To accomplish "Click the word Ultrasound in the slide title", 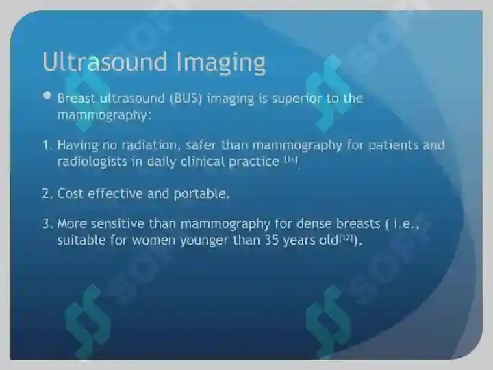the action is pyautogui.click(x=105, y=62).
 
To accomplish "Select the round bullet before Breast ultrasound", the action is pyautogui.click(x=47, y=95).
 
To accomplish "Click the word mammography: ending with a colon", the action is pyautogui.click(x=104, y=116).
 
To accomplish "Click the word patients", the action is pyautogui.click(x=393, y=145).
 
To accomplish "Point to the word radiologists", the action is pyautogui.click(x=92, y=162).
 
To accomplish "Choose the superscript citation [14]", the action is pyautogui.click(x=291, y=160).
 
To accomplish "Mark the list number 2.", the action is pyautogui.click(x=47, y=193).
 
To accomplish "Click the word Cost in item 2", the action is pyautogui.click(x=70, y=193).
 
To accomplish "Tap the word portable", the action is pyautogui.click(x=201, y=194).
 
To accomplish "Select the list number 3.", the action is pyautogui.click(x=47, y=224).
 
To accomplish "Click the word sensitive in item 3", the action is pyautogui.click(x=118, y=223).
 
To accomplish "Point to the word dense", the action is pyautogui.click(x=314, y=223).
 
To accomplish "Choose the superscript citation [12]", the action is pyautogui.click(x=346, y=238).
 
